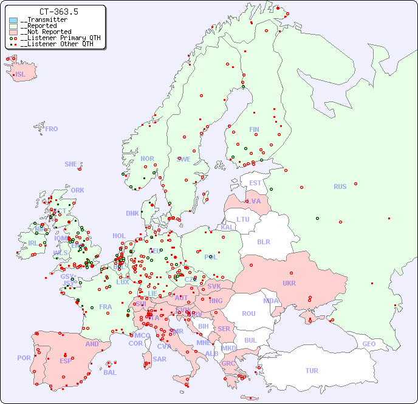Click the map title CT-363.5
pos(58,12)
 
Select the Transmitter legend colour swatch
pos(13,20)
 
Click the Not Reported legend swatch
pos(13,32)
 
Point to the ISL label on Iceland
pos(21,75)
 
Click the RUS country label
pos(340,187)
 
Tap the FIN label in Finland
pos(254,129)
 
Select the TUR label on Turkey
pos(312,371)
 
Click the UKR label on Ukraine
pos(289,283)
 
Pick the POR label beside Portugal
pos(24,358)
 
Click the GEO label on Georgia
pos(369,344)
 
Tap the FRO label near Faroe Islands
pos(52,129)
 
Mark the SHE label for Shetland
pos(71,164)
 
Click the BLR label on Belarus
pos(263,241)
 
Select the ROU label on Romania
pos(248,313)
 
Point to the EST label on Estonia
pos(255,183)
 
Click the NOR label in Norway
pos(147,159)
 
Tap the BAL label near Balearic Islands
pos(109,372)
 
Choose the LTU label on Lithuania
pos(243,219)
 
